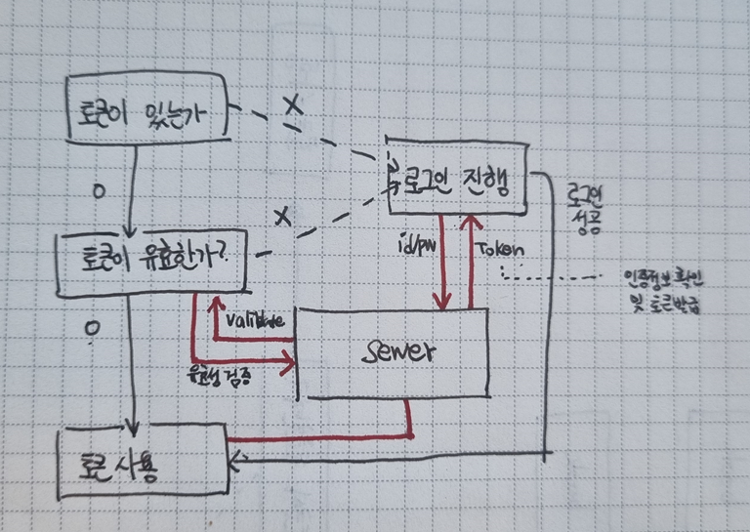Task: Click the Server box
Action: (391, 352)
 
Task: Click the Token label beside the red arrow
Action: (501, 249)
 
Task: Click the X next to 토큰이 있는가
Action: (290, 106)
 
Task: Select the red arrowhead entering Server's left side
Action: (288, 365)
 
